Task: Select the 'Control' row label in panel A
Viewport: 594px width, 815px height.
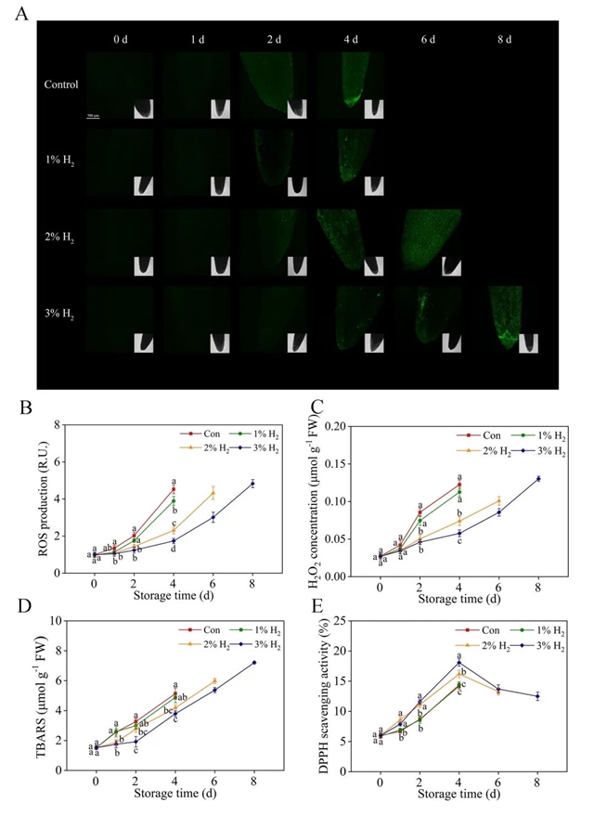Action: (60, 84)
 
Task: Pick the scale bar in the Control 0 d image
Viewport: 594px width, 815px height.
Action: (93, 116)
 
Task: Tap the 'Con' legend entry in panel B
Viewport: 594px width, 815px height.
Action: (200, 433)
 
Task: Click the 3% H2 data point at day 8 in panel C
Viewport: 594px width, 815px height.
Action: (538, 478)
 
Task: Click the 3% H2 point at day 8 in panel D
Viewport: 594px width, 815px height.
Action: (252, 662)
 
